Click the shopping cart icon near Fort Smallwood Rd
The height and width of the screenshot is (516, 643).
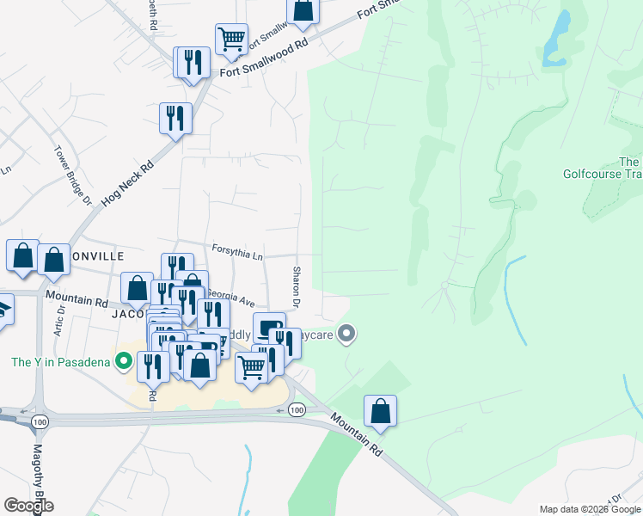coord(231,39)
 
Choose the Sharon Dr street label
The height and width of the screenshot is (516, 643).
coord(295,287)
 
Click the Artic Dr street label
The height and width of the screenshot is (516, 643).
coord(59,323)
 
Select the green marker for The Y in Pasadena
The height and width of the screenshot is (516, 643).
coord(124,361)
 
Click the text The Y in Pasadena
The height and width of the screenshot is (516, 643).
coord(61,362)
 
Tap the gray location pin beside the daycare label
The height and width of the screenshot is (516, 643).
coord(346,333)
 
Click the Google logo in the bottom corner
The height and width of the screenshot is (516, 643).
coord(28,506)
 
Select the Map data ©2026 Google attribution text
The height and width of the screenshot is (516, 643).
coord(591,509)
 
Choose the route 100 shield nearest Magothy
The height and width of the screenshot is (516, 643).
coord(38,423)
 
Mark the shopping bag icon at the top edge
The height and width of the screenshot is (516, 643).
coord(303,9)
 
